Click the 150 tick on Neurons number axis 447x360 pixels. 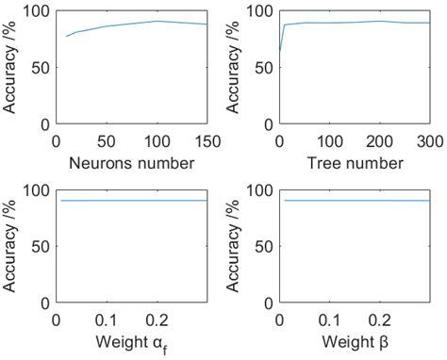207,141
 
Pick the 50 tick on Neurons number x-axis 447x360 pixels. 107,141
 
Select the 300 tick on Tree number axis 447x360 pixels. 429,141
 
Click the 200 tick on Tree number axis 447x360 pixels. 379,141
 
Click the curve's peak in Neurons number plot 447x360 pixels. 157,21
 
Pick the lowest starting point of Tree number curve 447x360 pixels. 280,50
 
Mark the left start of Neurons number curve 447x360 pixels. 67,37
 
